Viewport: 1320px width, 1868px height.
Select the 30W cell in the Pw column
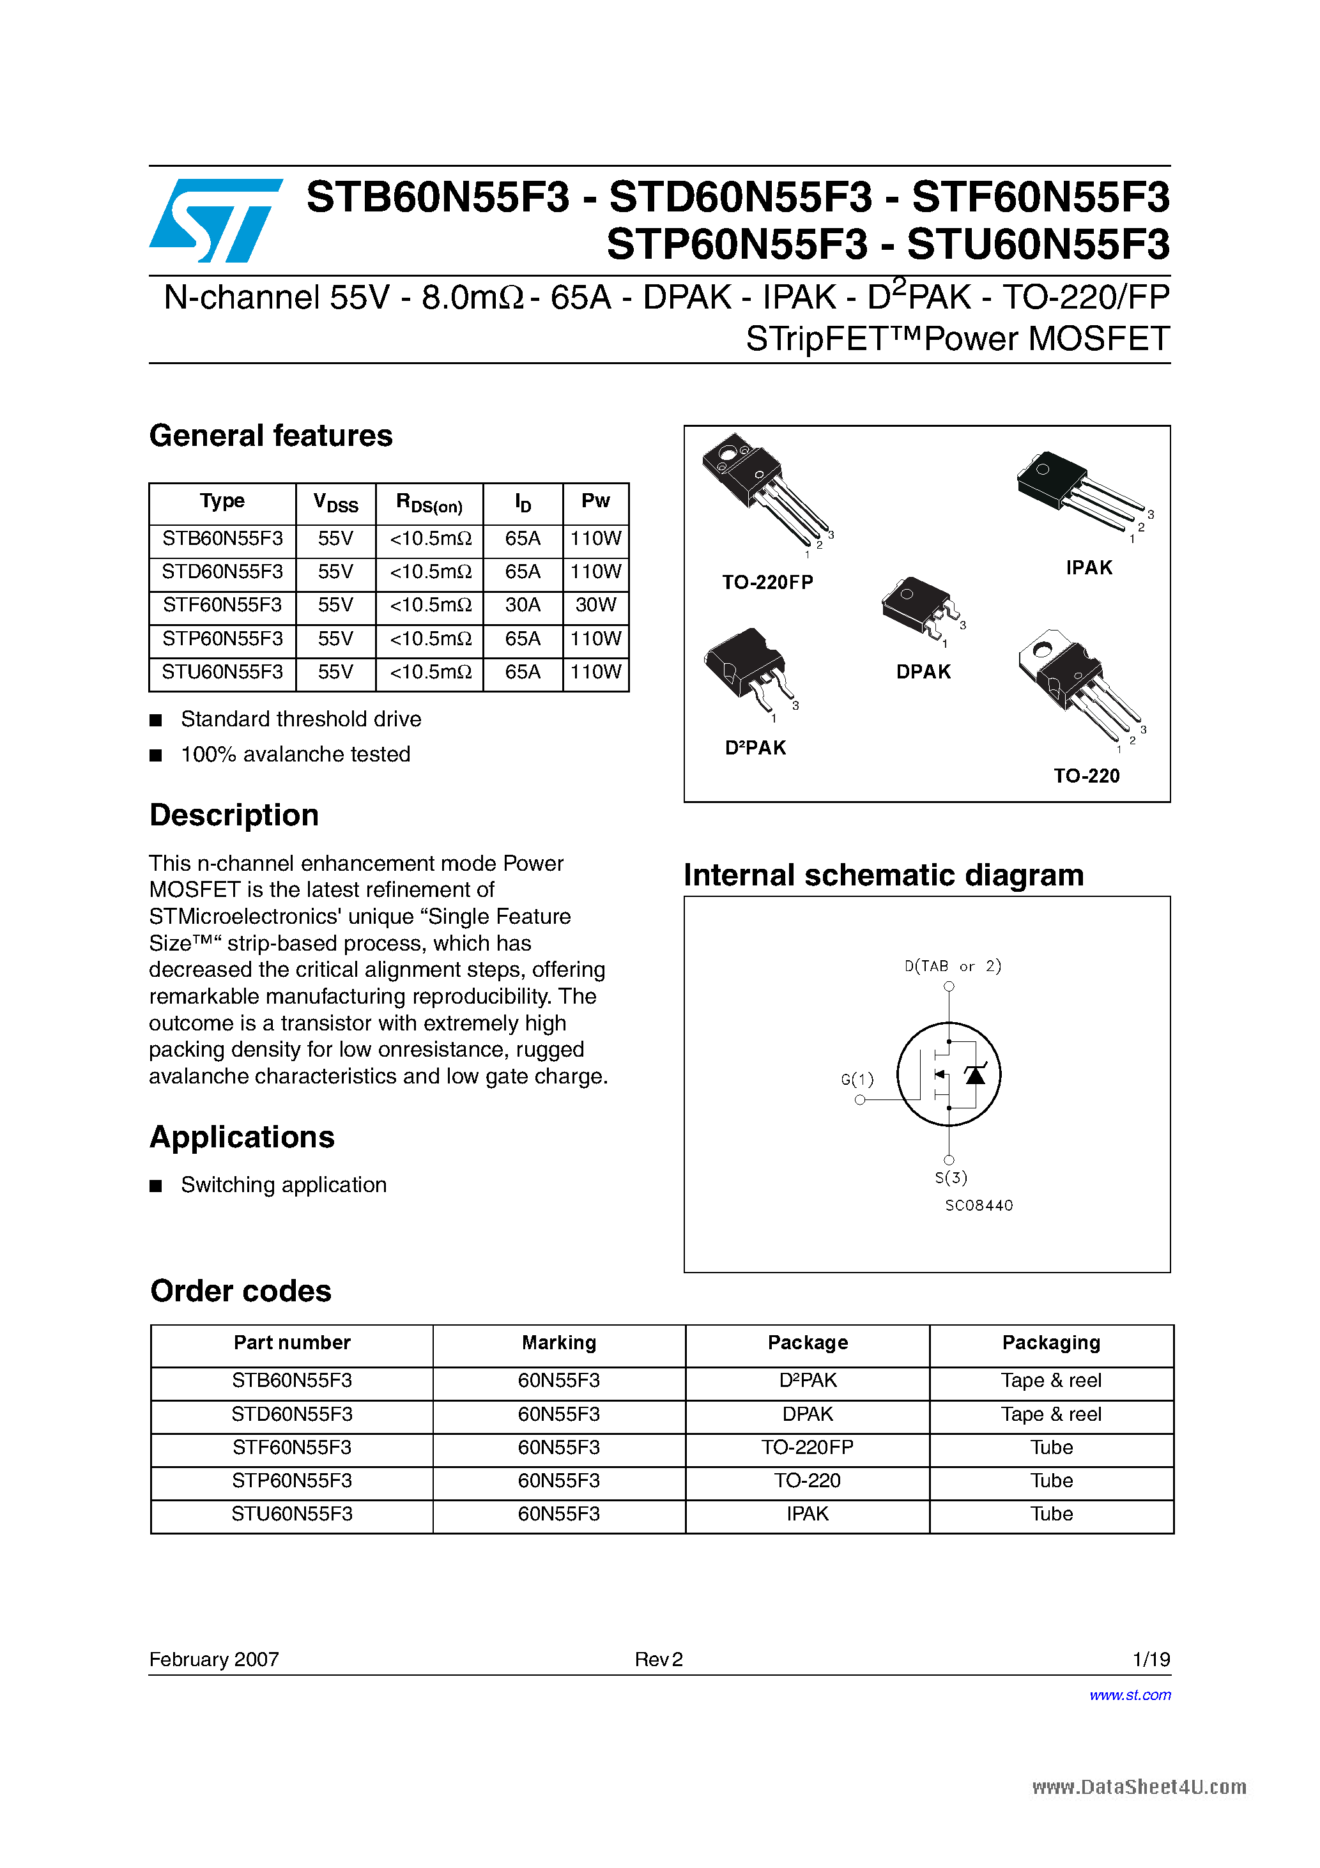[x=595, y=604]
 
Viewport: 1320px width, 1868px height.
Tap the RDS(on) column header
[x=429, y=503]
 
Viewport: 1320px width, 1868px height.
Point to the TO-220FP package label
[x=767, y=582]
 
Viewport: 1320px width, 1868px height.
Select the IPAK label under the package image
[x=1089, y=568]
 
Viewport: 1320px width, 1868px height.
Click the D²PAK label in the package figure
[x=755, y=747]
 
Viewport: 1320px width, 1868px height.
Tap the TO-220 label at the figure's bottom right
[x=1086, y=776]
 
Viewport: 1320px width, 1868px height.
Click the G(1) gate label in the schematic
[x=857, y=1080]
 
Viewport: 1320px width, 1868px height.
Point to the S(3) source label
[x=951, y=1177]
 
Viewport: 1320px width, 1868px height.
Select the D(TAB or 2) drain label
[x=952, y=966]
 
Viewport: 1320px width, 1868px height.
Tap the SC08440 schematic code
[x=979, y=1205]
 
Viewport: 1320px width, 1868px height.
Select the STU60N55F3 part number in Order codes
[x=291, y=1514]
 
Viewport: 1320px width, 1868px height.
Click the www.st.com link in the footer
[x=1130, y=1695]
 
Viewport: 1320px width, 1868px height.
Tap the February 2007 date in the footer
[x=214, y=1659]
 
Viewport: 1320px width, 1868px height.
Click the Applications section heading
[x=242, y=1137]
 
